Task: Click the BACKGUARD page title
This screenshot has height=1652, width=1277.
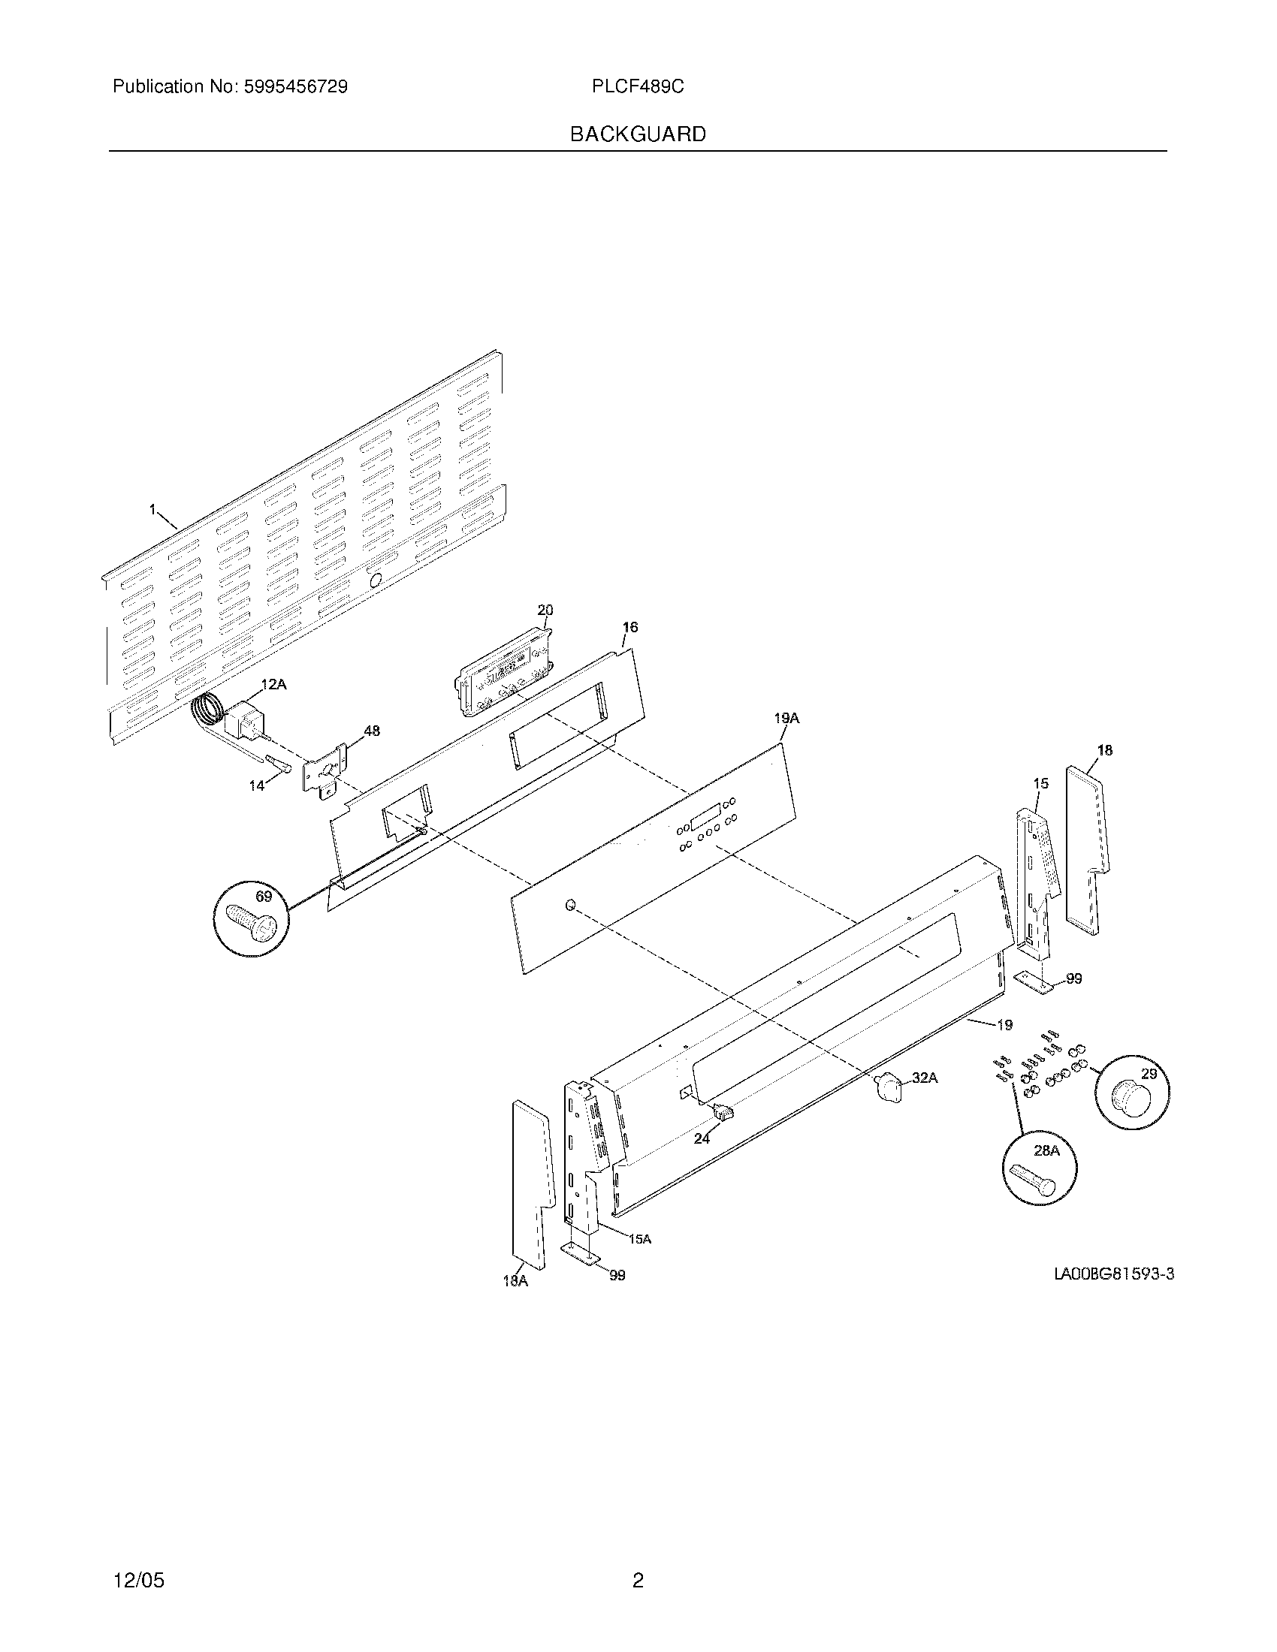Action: pos(638,134)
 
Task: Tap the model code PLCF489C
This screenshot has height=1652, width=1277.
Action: pos(638,87)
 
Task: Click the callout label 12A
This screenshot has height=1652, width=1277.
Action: pos(274,684)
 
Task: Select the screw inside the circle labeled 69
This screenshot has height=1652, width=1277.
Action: pos(252,921)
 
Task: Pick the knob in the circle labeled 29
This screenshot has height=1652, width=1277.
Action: pos(1131,1099)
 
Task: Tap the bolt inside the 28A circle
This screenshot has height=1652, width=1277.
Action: pos(1036,1180)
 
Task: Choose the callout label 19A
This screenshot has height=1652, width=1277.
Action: pos(786,718)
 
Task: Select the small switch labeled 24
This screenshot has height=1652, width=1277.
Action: pos(723,1111)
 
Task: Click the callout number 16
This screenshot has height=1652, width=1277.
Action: pos(630,627)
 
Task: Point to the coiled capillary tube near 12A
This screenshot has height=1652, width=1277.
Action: pos(206,712)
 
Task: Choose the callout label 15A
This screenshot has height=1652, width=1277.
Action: pos(639,1239)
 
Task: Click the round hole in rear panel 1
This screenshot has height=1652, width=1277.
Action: pos(374,580)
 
